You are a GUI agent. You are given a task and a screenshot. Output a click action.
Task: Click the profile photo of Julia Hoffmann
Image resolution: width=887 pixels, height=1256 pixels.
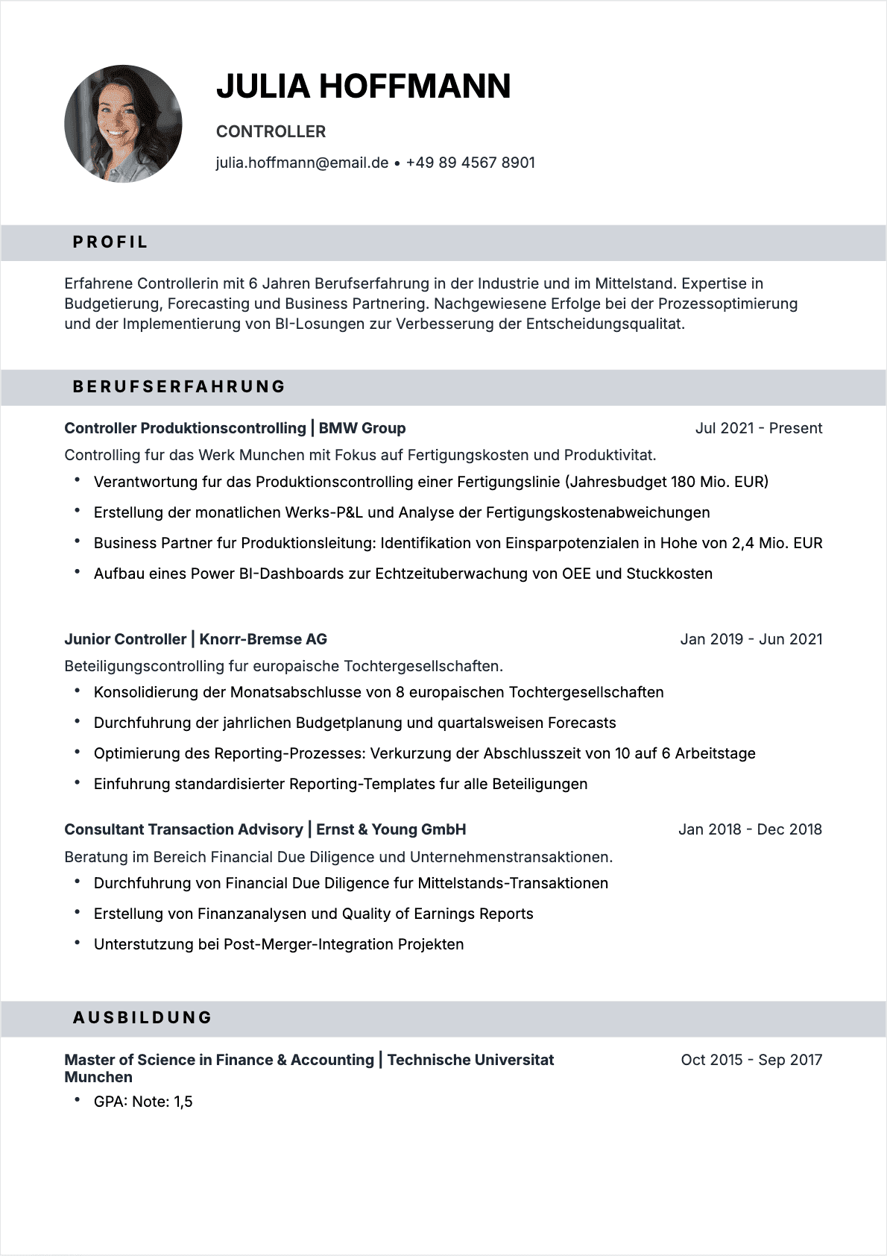coord(123,124)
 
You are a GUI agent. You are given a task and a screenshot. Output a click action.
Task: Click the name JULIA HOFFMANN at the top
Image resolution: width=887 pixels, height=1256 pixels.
coord(363,87)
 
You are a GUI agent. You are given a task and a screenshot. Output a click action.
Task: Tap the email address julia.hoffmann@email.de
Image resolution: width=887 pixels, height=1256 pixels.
coord(302,163)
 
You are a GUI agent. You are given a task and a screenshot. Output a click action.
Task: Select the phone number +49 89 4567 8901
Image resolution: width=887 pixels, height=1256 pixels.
coord(470,163)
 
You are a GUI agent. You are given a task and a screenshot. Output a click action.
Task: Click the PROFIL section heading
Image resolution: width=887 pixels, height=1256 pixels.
coord(110,242)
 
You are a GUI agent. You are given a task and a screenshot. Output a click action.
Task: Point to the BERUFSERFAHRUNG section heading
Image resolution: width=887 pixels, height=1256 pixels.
coord(179,386)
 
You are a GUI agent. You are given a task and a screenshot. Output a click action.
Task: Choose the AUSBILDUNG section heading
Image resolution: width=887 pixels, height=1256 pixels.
coord(142,1017)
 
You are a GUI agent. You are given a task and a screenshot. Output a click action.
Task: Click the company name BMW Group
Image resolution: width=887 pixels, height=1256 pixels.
coord(362,428)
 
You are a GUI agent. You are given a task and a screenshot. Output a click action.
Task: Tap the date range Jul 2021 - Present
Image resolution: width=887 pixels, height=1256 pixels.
coord(758,428)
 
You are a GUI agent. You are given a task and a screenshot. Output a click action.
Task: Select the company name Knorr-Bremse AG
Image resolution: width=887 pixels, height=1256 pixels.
coord(263,639)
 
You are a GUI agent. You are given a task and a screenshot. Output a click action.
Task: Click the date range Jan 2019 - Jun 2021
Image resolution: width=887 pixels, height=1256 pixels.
coord(751,639)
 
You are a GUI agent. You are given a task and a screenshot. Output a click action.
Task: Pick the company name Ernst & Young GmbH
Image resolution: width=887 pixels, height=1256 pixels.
coord(391,829)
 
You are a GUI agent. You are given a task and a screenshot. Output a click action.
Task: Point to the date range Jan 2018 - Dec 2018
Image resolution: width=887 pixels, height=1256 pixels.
coord(750,829)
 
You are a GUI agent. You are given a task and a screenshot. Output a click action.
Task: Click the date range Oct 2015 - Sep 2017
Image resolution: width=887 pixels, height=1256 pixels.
coord(751,1060)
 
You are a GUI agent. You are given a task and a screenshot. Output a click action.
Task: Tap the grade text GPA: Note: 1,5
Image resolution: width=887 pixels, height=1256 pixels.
coord(143,1102)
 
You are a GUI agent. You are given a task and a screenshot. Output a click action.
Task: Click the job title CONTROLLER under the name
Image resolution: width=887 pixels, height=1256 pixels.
coord(271,132)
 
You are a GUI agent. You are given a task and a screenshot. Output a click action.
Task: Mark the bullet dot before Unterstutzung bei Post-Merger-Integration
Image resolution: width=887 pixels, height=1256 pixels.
coord(78,943)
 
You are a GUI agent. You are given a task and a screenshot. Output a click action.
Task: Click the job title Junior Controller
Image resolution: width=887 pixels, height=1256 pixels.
coord(125,639)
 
